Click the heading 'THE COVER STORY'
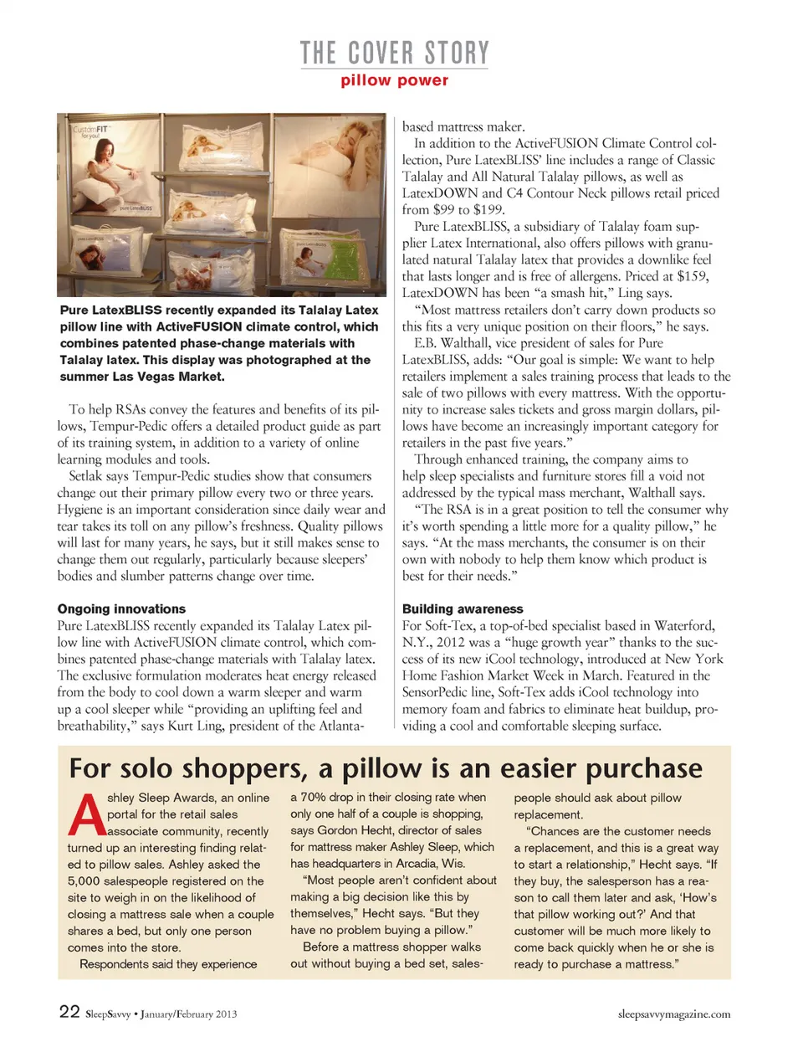394,53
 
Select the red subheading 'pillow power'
394,80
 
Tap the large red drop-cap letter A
86,814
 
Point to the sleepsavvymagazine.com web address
673,1014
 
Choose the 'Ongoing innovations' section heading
121,608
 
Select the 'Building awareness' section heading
463,608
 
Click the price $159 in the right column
692,276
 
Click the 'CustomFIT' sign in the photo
90,130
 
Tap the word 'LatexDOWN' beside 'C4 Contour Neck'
440,193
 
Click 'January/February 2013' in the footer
188,1014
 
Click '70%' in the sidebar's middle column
313,797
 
